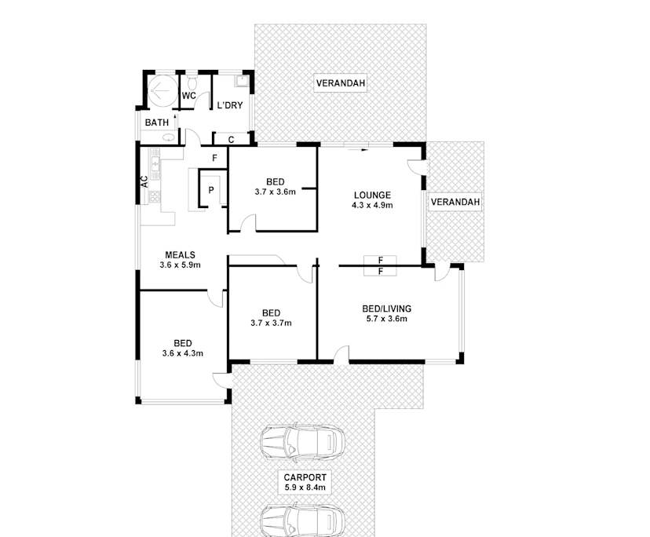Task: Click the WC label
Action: click(188, 96)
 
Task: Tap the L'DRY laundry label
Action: click(230, 104)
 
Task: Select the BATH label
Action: click(157, 122)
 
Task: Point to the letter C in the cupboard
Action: click(231, 140)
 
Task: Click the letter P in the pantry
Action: click(211, 190)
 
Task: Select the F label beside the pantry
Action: click(214, 158)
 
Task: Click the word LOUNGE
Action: click(372, 195)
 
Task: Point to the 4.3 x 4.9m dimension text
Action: click(372, 205)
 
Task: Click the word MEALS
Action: click(180, 255)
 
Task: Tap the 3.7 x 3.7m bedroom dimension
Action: click(271, 323)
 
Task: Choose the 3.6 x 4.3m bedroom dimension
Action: click(183, 353)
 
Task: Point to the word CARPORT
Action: click(305, 477)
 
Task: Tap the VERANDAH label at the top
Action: click(341, 83)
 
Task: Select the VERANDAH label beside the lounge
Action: click(455, 203)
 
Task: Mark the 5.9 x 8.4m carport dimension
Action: click(305, 488)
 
